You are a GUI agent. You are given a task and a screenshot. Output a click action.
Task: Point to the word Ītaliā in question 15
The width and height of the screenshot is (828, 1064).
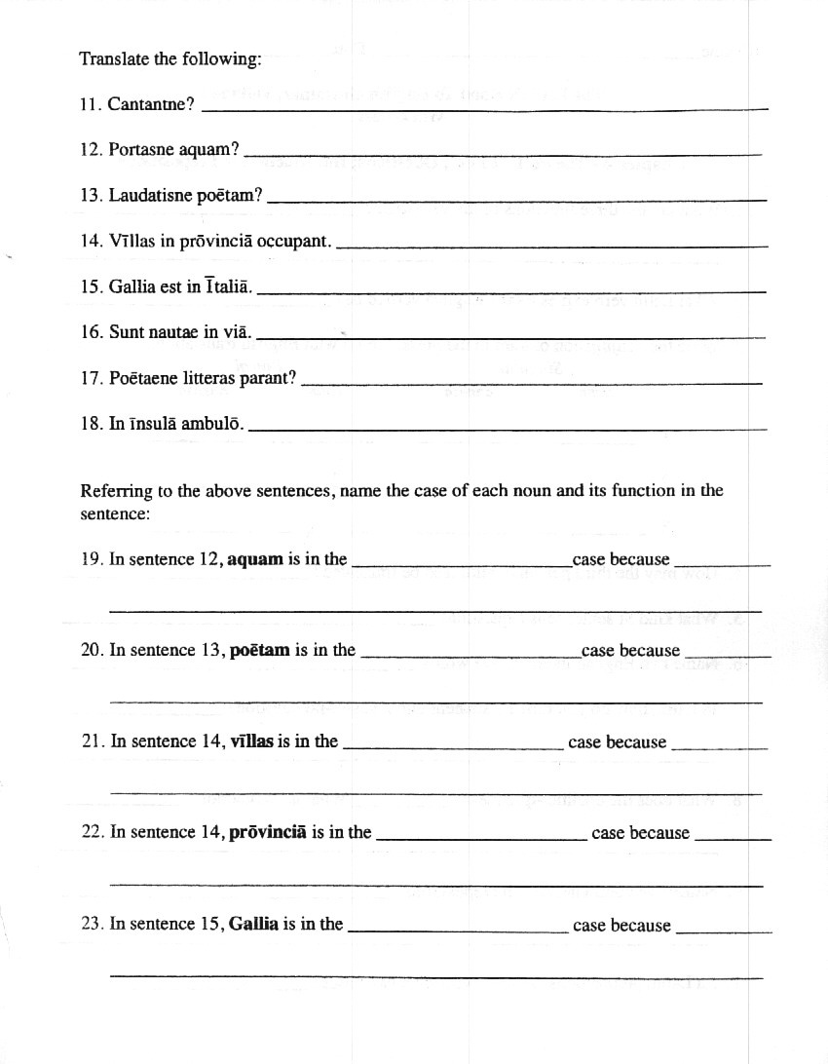point(228,286)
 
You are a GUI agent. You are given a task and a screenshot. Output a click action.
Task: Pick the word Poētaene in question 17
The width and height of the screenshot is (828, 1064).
point(141,377)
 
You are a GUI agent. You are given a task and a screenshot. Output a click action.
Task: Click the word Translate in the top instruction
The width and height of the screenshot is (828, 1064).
point(114,58)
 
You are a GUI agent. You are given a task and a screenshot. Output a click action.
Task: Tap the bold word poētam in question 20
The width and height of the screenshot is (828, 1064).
point(260,650)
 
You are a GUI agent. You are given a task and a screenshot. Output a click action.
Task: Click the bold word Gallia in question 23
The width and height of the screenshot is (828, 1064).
point(254,924)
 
